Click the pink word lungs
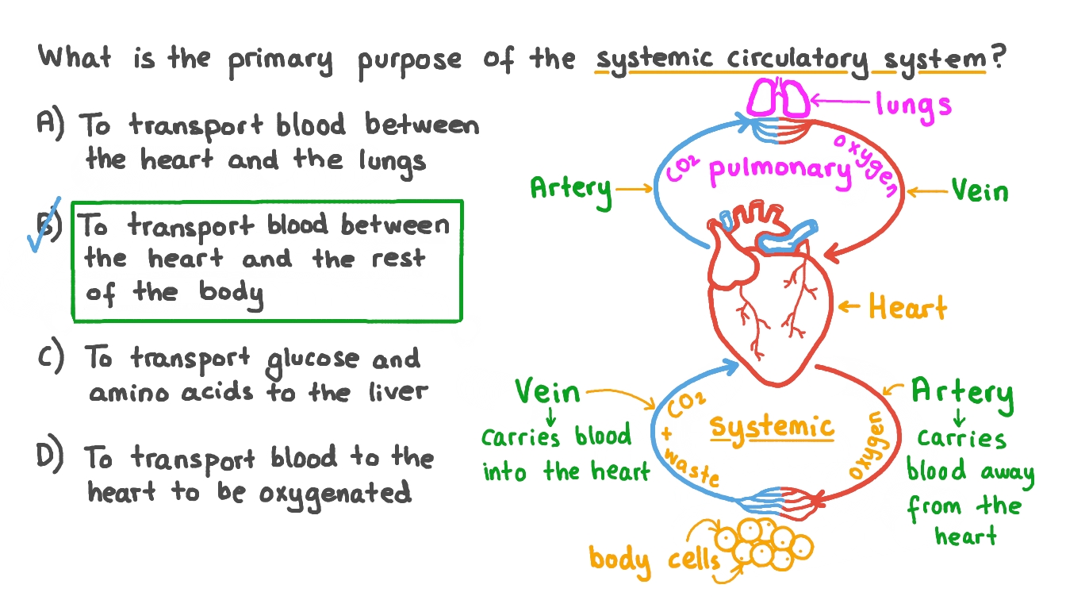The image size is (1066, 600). [913, 104]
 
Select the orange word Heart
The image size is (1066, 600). [907, 307]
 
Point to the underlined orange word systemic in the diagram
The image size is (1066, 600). [771, 428]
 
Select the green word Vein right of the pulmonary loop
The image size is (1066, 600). [980, 191]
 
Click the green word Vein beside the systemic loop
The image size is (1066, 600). [547, 391]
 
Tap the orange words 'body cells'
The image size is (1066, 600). [654, 559]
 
